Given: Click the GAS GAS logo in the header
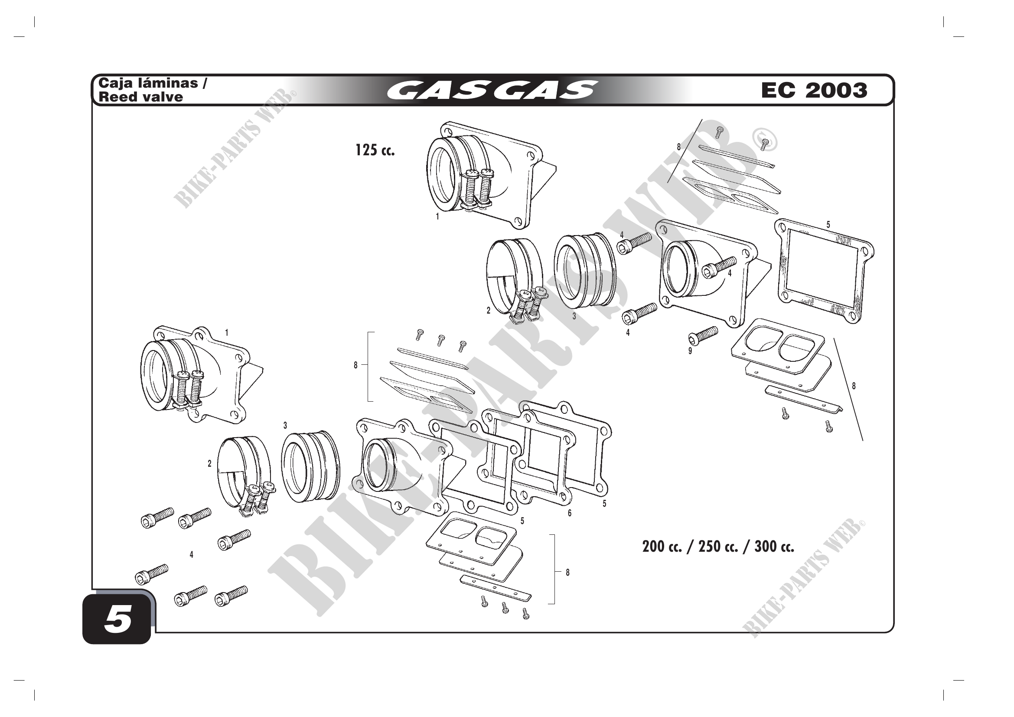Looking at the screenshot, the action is tap(492, 90).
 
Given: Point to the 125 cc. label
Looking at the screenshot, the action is tap(375, 150).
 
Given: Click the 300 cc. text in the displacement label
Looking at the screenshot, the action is tap(774, 547).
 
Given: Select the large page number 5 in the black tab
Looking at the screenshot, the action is tap(117, 619).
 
